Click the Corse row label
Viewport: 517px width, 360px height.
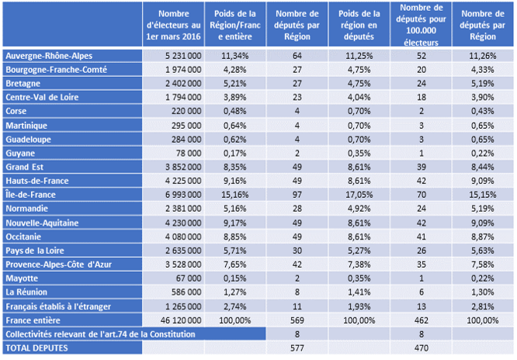click(16, 111)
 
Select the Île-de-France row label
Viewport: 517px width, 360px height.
click(30, 195)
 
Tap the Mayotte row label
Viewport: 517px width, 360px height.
click(22, 279)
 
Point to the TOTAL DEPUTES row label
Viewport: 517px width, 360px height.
click(36, 348)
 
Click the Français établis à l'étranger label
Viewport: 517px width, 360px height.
click(58, 306)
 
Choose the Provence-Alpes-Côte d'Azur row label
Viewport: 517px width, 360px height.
click(59, 265)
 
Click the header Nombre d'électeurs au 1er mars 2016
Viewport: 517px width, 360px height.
click(173, 25)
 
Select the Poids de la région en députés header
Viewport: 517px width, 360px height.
click(359, 25)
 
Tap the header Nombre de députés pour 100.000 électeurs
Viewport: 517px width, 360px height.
click(421, 25)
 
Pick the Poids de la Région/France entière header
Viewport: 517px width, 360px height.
click(235, 25)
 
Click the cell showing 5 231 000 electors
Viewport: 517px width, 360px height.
click(183, 56)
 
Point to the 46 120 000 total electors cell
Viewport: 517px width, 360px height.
click(181, 320)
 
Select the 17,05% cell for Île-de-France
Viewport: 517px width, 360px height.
click(359, 195)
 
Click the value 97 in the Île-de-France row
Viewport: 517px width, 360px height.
click(297, 195)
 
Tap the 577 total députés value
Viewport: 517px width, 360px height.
click(297, 348)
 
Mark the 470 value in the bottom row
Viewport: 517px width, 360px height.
click(422, 348)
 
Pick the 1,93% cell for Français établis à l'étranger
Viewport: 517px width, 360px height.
click(359, 306)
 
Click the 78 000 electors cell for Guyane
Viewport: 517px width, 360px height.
click(189, 154)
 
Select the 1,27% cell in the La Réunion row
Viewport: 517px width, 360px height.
click(235, 292)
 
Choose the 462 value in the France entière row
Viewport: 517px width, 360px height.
click(422, 320)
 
